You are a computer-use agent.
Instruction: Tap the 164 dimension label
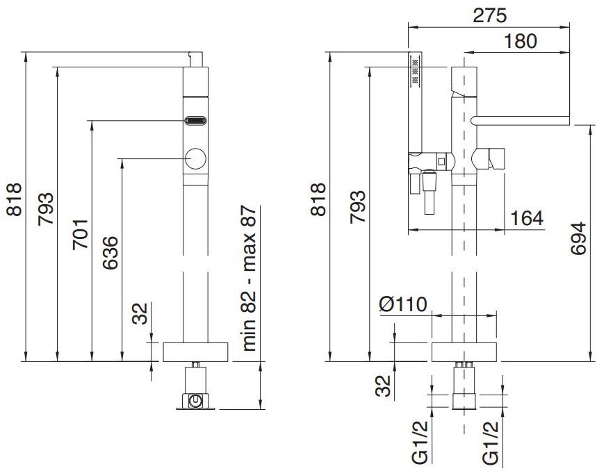527,217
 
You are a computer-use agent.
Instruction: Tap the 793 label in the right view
357,206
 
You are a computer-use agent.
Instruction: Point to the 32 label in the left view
140,313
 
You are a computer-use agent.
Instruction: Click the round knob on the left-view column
195,160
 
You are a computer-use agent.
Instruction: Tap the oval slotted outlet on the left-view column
195,120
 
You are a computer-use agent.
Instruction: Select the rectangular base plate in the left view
195,352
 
